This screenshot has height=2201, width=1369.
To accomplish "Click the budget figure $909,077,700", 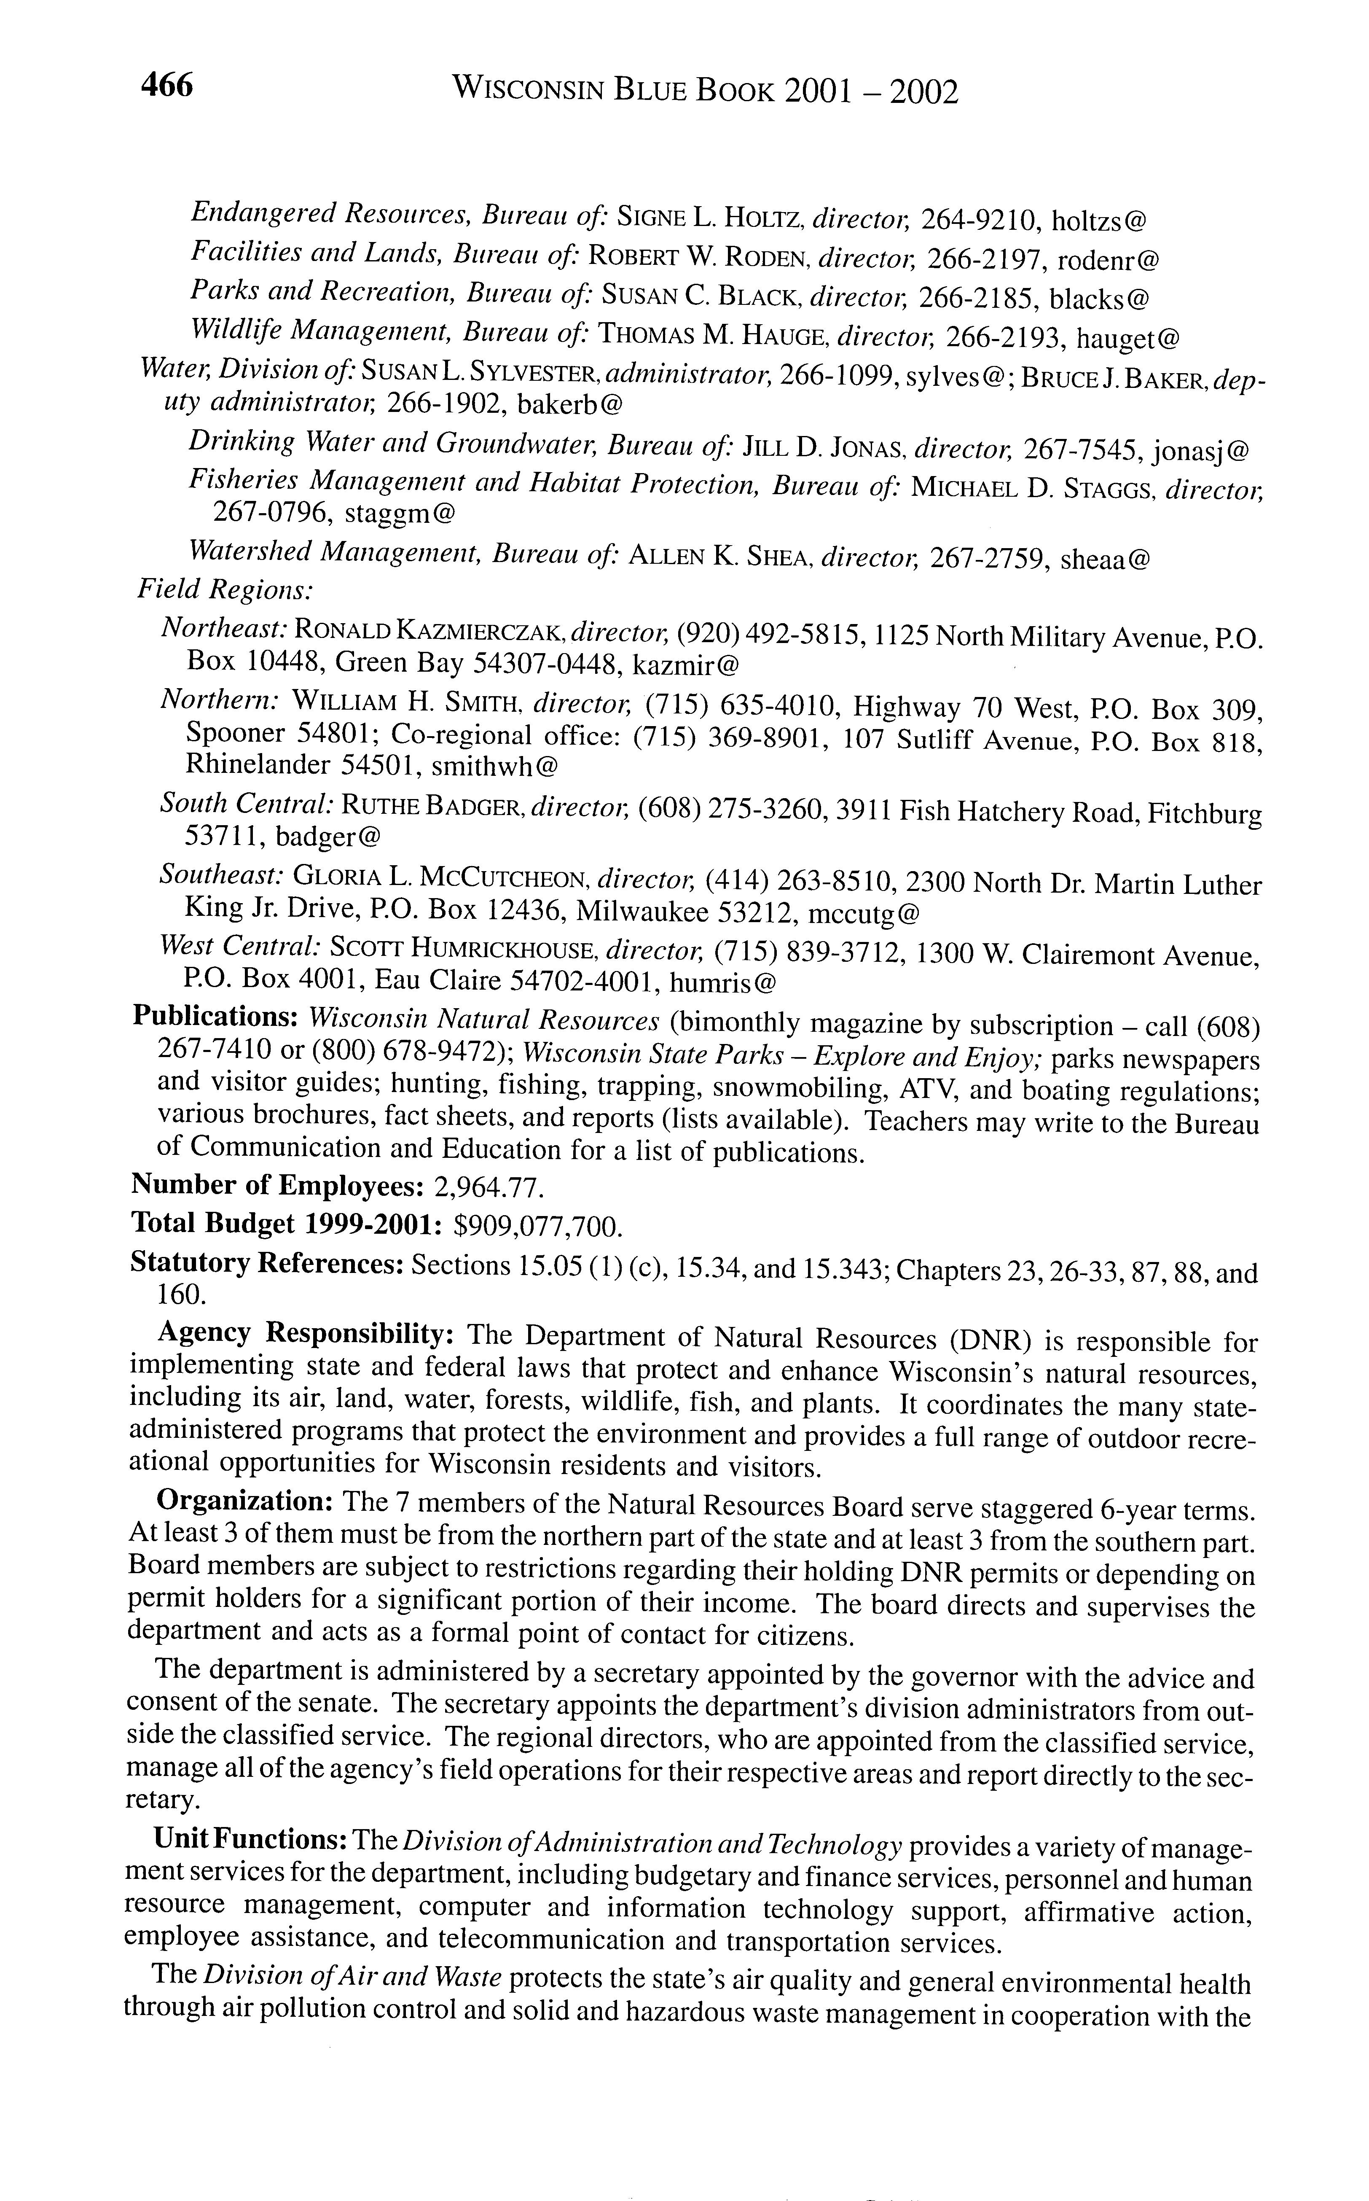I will click(538, 1225).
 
